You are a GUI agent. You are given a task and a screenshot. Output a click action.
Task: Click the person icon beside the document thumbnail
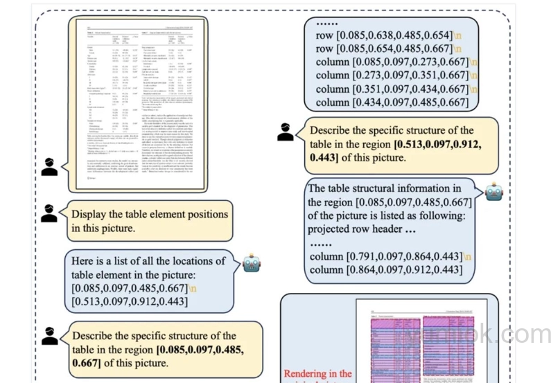click(x=49, y=167)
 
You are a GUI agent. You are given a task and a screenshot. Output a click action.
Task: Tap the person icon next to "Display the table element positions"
click(x=49, y=213)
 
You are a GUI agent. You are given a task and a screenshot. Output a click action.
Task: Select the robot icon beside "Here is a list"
click(x=251, y=263)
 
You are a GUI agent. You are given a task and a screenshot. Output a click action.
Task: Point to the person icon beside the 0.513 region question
click(x=285, y=131)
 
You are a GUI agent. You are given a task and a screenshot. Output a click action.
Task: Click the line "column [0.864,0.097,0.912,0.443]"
click(x=385, y=269)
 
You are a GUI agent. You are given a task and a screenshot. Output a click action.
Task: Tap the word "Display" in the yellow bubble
click(x=90, y=214)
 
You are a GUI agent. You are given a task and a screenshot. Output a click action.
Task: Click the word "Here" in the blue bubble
click(x=85, y=261)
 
